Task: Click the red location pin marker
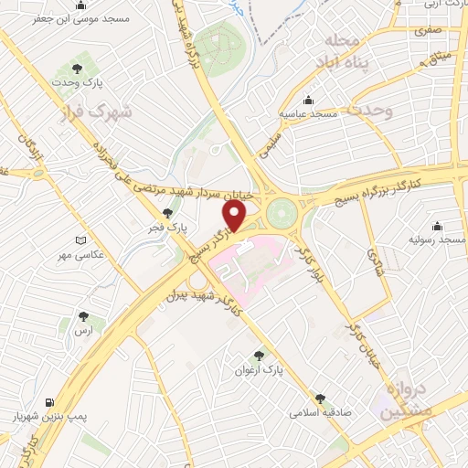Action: point(235,216)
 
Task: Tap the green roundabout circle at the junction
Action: point(282,210)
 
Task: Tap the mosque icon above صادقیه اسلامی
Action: point(320,399)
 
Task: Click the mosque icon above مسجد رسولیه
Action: point(436,226)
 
